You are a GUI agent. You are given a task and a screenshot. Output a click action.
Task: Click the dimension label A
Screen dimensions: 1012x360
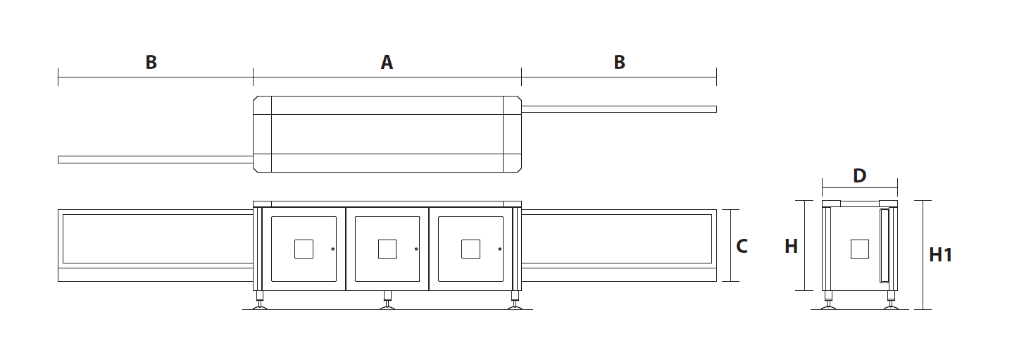(x=387, y=62)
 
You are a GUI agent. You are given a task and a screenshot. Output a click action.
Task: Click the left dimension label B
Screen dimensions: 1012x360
(x=151, y=62)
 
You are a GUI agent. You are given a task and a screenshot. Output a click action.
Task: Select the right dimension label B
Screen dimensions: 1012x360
(x=620, y=62)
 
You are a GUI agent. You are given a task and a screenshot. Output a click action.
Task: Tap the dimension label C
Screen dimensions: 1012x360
(x=742, y=246)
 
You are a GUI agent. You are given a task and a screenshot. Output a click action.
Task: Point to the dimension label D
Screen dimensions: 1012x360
(x=859, y=175)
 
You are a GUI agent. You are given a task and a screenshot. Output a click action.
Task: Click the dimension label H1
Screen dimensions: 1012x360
(x=941, y=255)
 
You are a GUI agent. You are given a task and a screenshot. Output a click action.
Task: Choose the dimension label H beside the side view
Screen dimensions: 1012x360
(x=791, y=246)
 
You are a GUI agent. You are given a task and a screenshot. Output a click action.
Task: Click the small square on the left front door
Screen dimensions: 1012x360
(x=304, y=249)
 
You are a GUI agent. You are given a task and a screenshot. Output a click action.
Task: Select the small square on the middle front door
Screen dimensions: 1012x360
(x=387, y=249)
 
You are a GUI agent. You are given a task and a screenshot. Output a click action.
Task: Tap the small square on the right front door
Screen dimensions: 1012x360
(x=470, y=249)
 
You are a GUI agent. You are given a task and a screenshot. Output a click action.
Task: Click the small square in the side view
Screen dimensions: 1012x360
(x=859, y=249)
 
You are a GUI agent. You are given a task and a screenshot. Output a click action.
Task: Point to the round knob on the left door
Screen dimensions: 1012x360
(x=333, y=249)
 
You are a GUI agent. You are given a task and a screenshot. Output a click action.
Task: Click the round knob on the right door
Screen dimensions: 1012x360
(x=500, y=249)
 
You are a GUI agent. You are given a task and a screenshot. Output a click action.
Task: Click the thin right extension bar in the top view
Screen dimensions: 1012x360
(x=619, y=109)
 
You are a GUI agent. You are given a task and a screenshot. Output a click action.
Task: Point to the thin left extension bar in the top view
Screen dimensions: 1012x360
(x=156, y=159)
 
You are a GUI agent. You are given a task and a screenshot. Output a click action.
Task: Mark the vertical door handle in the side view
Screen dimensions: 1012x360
(x=884, y=245)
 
